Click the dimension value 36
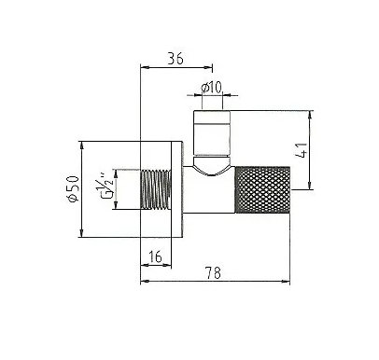[x=175, y=59]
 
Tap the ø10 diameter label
[x=211, y=88]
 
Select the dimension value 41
[x=302, y=150]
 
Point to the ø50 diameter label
[x=73, y=189]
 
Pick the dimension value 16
[x=155, y=256]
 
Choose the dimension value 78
[x=213, y=272]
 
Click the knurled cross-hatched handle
[x=262, y=189]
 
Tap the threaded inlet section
[x=156, y=189]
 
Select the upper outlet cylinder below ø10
[x=212, y=132]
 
